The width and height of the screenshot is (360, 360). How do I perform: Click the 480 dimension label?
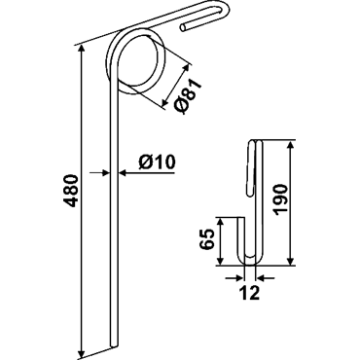(72, 191)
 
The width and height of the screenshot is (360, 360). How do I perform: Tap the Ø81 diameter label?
(187, 96)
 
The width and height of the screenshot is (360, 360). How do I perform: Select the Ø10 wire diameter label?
(157, 162)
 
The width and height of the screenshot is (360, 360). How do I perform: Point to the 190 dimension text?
(279, 199)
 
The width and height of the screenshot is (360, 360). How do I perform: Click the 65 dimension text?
(207, 239)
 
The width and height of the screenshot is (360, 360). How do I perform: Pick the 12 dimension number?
(250, 293)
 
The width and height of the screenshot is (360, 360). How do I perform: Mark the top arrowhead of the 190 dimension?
(290, 146)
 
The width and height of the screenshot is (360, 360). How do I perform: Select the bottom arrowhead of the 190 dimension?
(290, 260)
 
